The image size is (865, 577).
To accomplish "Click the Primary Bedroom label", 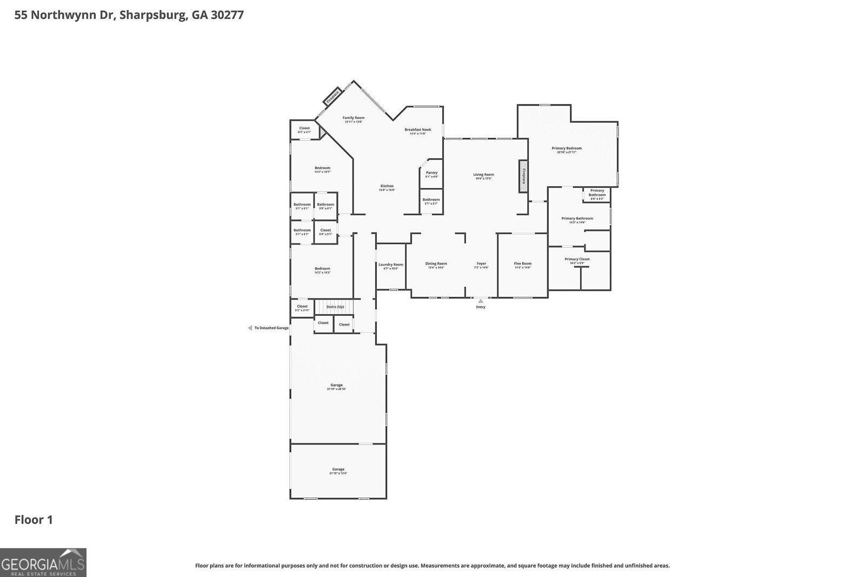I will [x=567, y=148].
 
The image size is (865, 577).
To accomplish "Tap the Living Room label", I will [x=483, y=175].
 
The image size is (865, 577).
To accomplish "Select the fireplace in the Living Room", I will [x=523, y=176].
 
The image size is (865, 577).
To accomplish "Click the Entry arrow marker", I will [x=481, y=301].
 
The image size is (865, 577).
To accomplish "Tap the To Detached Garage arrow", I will [x=250, y=328].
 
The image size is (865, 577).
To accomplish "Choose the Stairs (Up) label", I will [x=335, y=307].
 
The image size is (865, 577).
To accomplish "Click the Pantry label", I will [x=431, y=173].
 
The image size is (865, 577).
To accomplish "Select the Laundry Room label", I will [x=390, y=265].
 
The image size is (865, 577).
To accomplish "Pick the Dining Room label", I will [x=436, y=264].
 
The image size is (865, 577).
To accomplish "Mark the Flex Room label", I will [x=522, y=264].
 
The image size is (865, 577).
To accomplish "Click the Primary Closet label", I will [x=577, y=259].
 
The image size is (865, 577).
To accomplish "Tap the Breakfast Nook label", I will [x=418, y=130].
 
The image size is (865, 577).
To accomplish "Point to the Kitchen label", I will [x=387, y=186].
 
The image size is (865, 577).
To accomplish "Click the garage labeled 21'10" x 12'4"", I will [x=338, y=469].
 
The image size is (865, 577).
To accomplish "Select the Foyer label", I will [x=481, y=264].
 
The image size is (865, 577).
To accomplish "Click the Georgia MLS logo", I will [x=43, y=562].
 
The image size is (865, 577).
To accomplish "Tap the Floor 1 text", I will [x=34, y=520].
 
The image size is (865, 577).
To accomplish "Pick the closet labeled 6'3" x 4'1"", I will [x=304, y=129].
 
